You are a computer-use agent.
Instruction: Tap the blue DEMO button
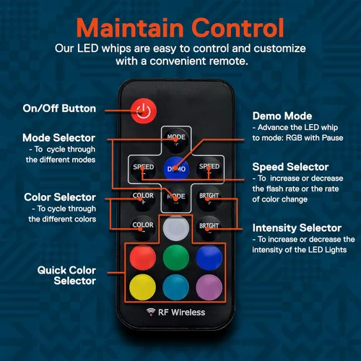176,168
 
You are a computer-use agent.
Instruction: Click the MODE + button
176,140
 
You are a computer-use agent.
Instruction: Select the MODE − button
176,199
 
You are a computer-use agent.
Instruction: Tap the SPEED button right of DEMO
209,168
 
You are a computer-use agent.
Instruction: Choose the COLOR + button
143,199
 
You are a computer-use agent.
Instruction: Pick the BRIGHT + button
209,199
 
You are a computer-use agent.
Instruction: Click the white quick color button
176,228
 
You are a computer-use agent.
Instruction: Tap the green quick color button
176,258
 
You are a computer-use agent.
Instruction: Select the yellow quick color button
142,287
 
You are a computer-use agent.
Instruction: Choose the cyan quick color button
176,287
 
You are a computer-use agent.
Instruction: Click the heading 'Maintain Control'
180,28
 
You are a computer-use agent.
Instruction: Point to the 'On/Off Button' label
59,108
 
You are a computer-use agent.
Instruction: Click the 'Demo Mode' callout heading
282,116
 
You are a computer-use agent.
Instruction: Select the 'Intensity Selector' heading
297,228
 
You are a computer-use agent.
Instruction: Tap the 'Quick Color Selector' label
66,276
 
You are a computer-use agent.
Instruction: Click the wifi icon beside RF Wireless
151,312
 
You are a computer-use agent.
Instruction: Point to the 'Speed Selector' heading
290,167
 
